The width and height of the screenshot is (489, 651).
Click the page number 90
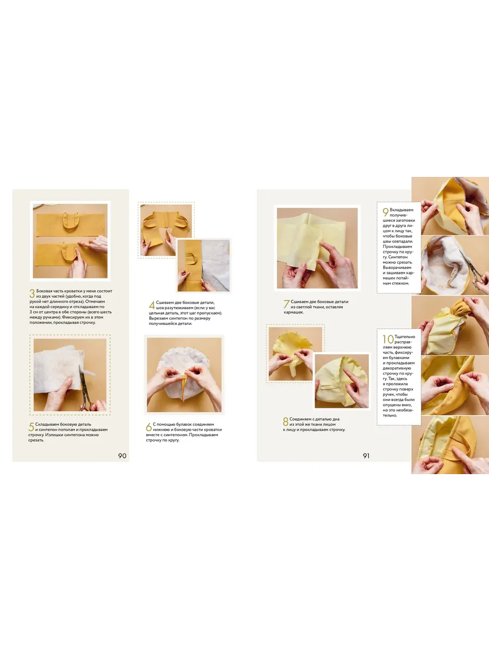(122, 456)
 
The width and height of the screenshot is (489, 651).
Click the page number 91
(366, 456)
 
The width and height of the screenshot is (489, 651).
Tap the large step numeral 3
(32, 293)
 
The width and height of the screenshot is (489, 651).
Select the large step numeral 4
(152, 305)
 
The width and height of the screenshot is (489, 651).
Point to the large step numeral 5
(31, 427)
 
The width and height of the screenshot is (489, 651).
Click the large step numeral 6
(149, 427)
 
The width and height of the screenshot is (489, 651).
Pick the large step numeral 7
(286, 304)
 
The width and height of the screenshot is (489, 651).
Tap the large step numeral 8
(285, 422)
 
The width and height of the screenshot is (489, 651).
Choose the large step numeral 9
(385, 212)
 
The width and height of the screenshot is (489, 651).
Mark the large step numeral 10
(388, 339)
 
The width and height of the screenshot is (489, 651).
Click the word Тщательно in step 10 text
(405, 337)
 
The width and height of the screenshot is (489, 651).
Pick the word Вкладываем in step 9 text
(402, 210)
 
